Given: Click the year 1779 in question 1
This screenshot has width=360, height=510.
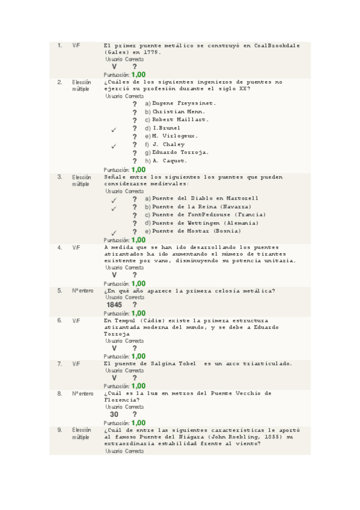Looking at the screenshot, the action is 153,52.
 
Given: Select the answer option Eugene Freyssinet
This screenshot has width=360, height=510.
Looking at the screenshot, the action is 183,103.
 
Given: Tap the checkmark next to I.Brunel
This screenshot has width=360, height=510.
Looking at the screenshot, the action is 114,129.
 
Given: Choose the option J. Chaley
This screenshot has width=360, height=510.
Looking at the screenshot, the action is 169,144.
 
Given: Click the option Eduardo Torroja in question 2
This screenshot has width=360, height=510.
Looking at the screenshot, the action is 180,152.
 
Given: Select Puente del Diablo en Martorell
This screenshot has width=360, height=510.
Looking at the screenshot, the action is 205,198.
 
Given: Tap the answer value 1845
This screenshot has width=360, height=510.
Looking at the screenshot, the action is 114,305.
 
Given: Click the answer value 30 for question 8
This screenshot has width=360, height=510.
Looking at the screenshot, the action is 114,414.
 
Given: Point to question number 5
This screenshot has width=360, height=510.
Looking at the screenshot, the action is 59,290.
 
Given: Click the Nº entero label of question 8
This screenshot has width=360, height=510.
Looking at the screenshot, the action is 83,393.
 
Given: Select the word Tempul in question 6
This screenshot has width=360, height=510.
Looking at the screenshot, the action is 130,321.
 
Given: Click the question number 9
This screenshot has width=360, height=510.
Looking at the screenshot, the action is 59,430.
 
